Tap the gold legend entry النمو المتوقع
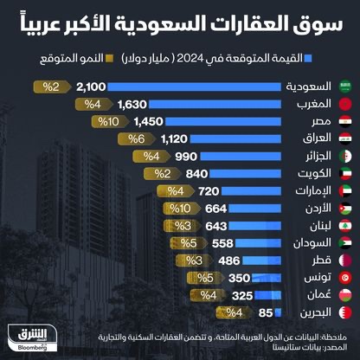point(71,61)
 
